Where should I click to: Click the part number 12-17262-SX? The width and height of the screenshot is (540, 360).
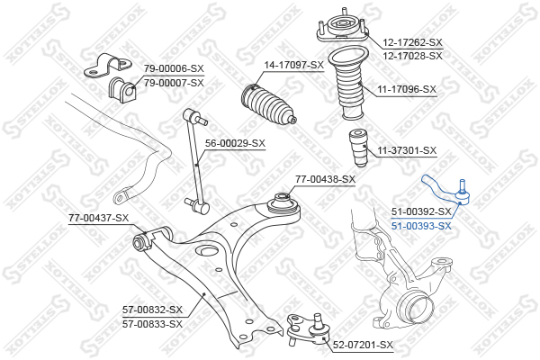point(413,42)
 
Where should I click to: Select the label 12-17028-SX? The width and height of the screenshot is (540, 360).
point(413,55)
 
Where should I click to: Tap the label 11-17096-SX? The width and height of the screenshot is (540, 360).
point(407,89)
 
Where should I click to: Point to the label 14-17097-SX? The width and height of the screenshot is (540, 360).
point(293,65)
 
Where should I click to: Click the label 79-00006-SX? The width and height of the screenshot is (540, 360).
point(175,69)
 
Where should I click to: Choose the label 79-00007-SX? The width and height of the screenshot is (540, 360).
point(175,82)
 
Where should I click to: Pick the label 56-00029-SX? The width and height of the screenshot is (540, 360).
point(235,142)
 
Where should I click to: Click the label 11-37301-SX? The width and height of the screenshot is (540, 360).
point(407,150)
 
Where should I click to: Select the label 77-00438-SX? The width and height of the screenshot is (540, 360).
point(326,179)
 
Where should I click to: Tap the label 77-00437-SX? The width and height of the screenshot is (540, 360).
point(99,218)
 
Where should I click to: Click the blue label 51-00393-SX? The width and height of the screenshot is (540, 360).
point(421,226)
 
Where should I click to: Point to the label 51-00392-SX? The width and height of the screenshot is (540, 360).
point(421,212)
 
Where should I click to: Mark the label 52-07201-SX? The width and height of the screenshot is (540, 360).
point(364,345)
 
